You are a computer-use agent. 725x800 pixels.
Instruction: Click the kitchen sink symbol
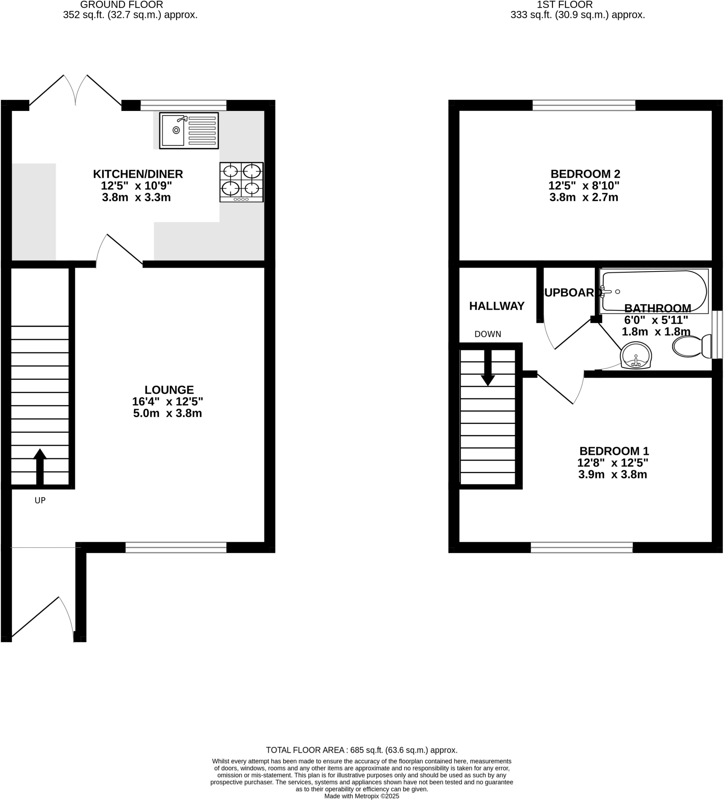[x=189, y=130]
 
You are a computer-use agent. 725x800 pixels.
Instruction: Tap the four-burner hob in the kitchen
[x=242, y=182]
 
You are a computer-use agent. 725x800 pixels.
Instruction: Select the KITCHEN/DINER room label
[x=138, y=174]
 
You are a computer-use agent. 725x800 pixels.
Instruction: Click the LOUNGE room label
[x=169, y=390]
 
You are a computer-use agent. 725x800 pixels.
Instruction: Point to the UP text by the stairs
[x=40, y=500]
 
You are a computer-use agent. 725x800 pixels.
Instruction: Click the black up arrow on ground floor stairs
[x=40, y=466]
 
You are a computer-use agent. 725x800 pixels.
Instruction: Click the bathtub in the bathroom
[x=654, y=291]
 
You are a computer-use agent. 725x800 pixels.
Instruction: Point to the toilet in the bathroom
[x=692, y=346]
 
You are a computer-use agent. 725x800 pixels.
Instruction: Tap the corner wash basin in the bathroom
[x=636, y=355]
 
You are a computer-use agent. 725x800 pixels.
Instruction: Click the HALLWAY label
[x=497, y=306]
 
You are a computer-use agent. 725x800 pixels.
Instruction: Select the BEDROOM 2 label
[x=585, y=174]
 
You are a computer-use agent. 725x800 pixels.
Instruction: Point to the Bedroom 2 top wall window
[x=583, y=105]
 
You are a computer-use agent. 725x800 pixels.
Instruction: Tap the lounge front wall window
[x=176, y=548]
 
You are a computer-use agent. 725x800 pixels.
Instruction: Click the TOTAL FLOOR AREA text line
[x=361, y=750]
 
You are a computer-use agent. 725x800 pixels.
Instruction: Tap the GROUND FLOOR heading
[x=122, y=5]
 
